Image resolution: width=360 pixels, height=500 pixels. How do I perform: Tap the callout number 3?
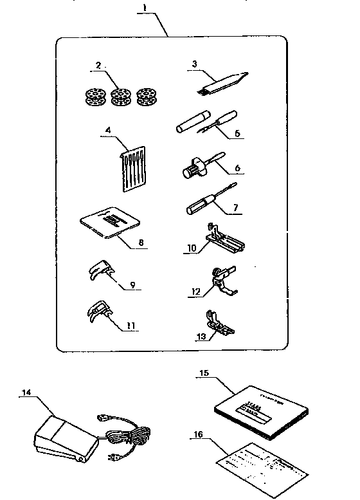coord(194,64)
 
